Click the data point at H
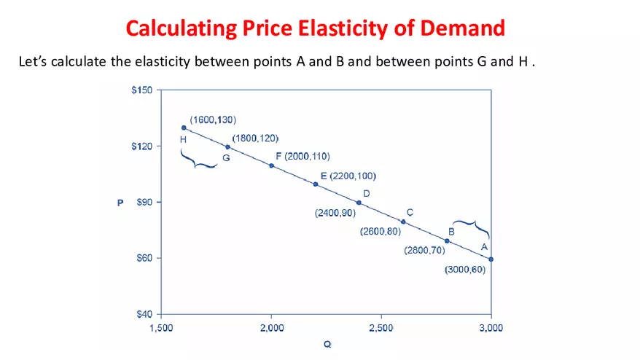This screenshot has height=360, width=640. [184, 128]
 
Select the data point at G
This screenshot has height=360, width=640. [227, 146]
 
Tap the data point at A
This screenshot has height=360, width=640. [491, 259]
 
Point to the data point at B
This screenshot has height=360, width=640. [447, 240]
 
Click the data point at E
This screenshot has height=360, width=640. [316, 184]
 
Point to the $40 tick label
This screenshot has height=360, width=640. [143, 315]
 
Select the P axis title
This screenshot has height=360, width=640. [120, 203]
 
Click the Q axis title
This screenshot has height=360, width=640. [327, 344]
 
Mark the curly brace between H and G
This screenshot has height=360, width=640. [198, 160]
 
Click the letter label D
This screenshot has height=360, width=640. [367, 193]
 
